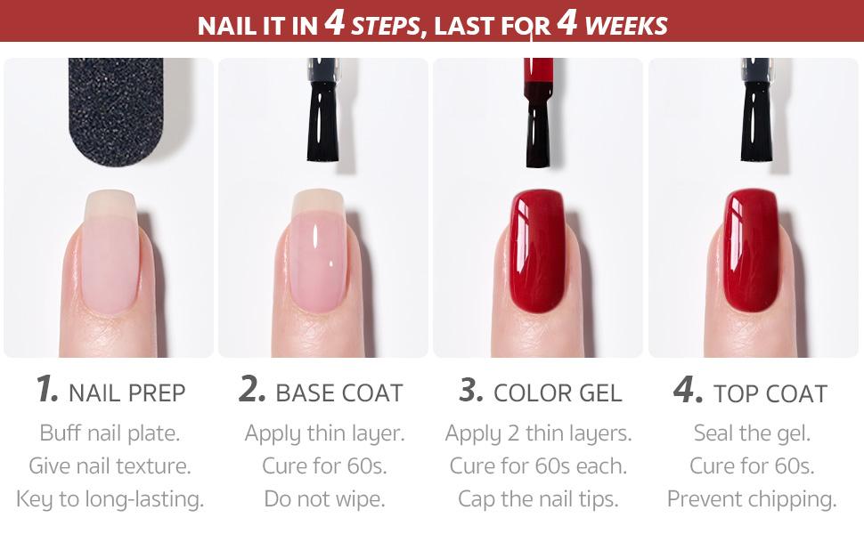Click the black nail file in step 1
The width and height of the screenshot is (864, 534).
coord(116,109)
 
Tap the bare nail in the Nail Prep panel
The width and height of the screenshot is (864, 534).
coord(110,252)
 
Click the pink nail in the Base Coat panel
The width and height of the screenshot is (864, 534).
coord(318,252)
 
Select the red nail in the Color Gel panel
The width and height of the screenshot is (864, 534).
coord(538,250)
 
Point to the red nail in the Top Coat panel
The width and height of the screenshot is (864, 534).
coord(751,250)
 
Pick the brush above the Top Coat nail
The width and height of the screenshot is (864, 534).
coord(756,109)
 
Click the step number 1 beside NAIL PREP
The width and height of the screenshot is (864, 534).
coord(47,388)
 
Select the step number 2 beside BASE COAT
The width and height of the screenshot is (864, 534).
coord(252,388)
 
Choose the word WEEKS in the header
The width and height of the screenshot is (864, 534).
coord(626,26)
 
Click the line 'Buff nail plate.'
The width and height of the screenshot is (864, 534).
coord(110,433)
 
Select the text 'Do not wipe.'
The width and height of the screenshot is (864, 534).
coord(324,499)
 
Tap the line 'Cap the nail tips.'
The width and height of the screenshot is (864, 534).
coord(538,499)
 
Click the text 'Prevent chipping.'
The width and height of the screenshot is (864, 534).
coord(752,499)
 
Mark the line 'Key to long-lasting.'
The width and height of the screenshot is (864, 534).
coord(110,499)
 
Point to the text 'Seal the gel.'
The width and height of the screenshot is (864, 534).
coord(752,433)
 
